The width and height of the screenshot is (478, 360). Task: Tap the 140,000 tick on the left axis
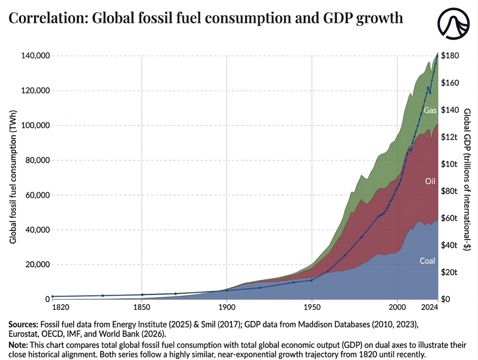point(35,56)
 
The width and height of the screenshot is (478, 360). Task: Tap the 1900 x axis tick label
point(227,308)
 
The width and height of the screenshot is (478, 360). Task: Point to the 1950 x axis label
point(312,308)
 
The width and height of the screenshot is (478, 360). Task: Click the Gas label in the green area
point(430,110)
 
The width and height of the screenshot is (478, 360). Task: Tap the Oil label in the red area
point(430,181)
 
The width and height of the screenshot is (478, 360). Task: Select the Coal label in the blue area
point(427,261)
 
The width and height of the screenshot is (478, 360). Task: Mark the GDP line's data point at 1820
point(53,297)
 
